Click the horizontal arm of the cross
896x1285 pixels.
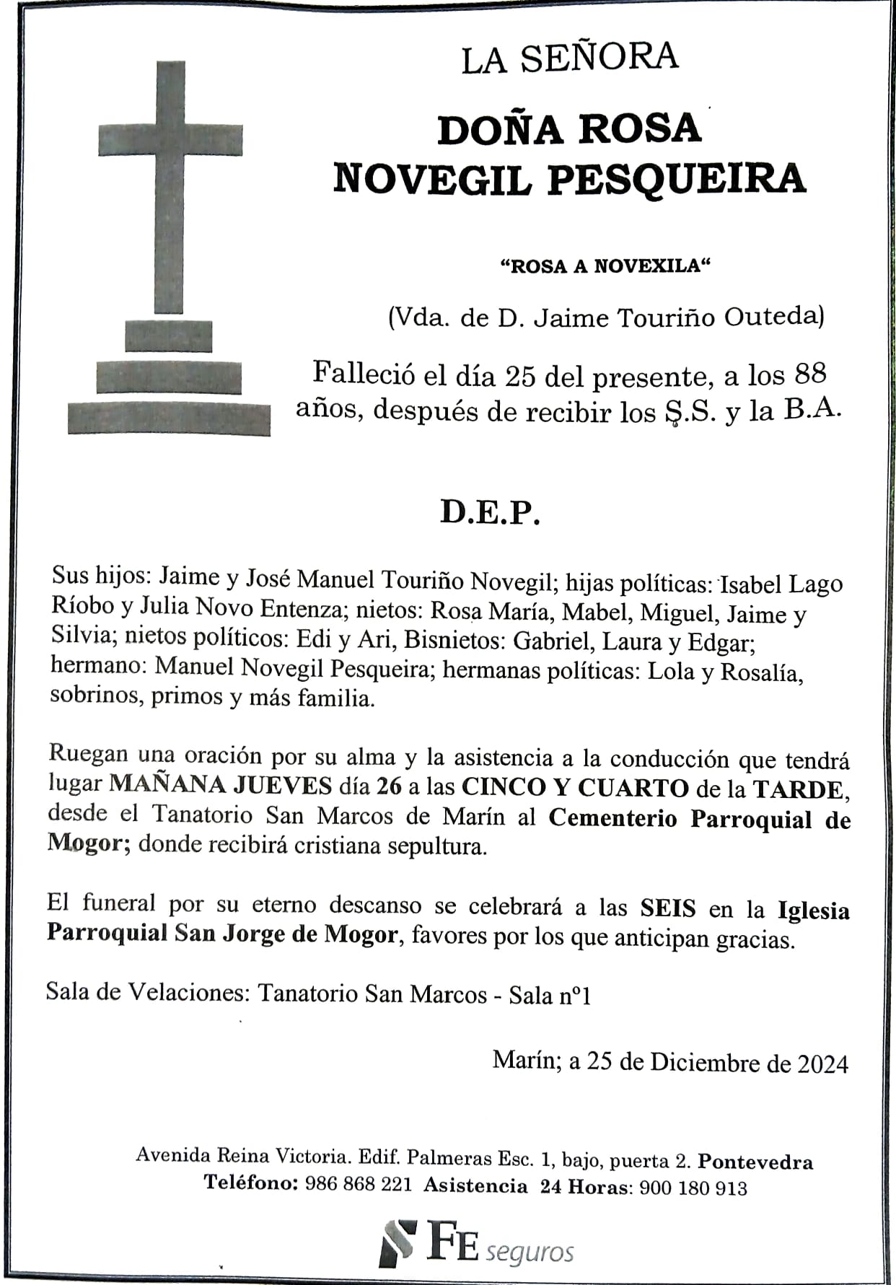click(170, 139)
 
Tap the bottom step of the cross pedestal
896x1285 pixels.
click(169, 419)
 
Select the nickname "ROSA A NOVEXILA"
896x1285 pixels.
click(605, 266)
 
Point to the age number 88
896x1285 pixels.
click(809, 374)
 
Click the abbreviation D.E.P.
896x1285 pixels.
click(490, 512)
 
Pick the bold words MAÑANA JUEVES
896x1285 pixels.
click(221, 785)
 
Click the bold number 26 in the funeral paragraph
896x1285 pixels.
click(389, 786)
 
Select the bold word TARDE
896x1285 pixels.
click(799, 789)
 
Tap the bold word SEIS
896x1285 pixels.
click(667, 908)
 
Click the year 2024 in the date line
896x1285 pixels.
click(822, 1064)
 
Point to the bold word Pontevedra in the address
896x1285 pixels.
click(755, 1162)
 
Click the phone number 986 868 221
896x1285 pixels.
click(359, 1184)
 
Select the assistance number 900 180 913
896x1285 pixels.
click(693, 1188)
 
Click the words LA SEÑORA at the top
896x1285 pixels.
click(569, 58)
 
